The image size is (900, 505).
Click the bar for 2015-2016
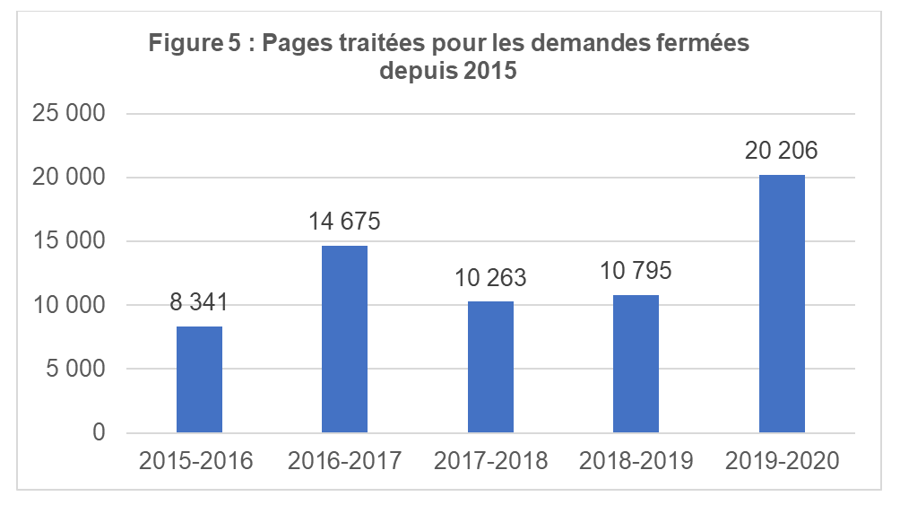pyautogui.click(x=199, y=379)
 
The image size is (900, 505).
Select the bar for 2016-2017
pyautogui.click(x=344, y=339)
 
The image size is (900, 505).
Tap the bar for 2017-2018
pyautogui.click(x=490, y=367)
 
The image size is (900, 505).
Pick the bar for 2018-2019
pyautogui.click(x=636, y=363)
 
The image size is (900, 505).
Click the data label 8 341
pyautogui.click(x=199, y=302)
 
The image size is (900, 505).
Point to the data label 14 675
pyautogui.click(x=344, y=222)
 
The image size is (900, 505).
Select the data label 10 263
pyautogui.click(x=490, y=278)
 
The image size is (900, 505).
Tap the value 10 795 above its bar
pyautogui.click(x=636, y=271)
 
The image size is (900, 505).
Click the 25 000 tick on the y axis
pyautogui.click(x=69, y=114)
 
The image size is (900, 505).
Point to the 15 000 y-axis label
pyautogui.click(x=69, y=241)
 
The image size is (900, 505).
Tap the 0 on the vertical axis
pyautogui.click(x=100, y=433)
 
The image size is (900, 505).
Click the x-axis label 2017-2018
pyautogui.click(x=490, y=462)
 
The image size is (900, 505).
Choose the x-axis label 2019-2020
pyautogui.click(x=782, y=462)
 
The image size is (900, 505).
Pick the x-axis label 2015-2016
pyautogui.click(x=199, y=462)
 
